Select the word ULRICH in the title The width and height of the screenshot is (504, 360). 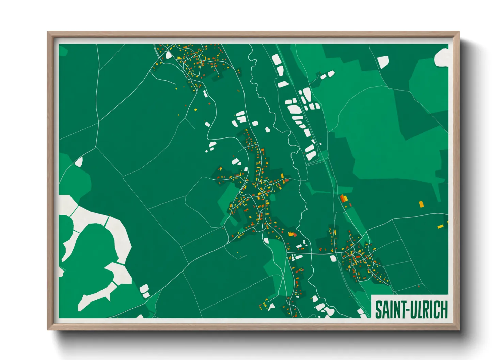tap(428, 310)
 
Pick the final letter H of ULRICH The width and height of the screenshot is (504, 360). tap(444, 310)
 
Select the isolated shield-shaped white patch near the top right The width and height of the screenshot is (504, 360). tap(383, 62)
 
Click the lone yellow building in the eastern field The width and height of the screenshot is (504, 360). tap(421, 204)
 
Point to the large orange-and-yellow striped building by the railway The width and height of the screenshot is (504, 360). tap(343, 198)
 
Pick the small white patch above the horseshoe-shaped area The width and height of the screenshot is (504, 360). tap(79, 162)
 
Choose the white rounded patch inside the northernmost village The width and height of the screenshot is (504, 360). tap(169, 55)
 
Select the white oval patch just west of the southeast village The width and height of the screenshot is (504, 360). tap(333, 258)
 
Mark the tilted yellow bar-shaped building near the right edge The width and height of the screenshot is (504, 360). tap(440, 226)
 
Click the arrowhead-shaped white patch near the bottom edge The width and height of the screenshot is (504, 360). tap(271, 307)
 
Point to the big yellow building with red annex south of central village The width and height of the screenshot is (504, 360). tap(292, 234)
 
